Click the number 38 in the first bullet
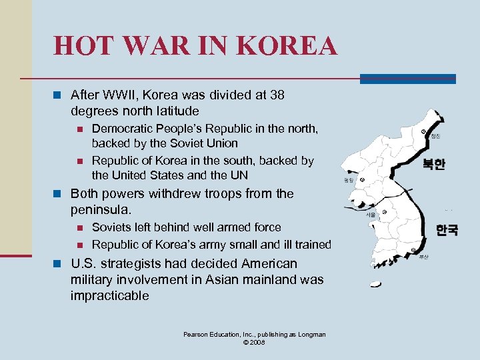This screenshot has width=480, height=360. (x=277, y=95)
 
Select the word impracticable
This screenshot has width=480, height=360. (x=110, y=296)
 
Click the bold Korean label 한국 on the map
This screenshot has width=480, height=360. (x=447, y=230)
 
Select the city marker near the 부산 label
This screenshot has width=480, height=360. (x=415, y=251)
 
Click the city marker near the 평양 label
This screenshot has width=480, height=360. (x=363, y=179)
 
